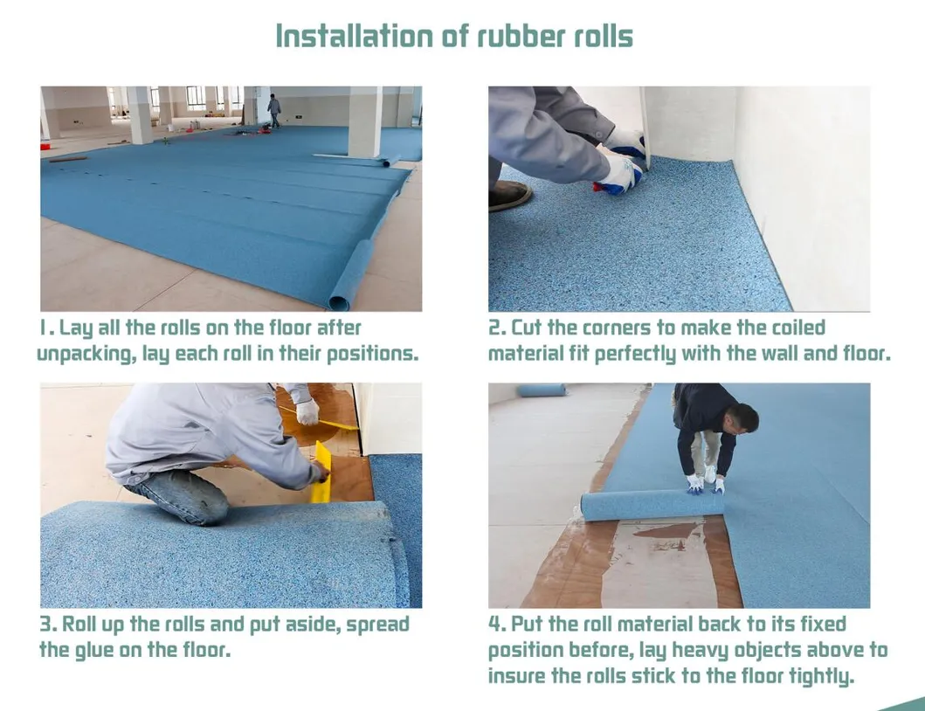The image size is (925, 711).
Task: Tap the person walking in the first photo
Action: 274,110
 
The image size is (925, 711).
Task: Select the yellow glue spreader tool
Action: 321,473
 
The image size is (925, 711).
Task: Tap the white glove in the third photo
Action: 307,411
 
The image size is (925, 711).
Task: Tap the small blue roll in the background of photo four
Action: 541,390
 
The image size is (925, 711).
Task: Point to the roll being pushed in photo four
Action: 651,505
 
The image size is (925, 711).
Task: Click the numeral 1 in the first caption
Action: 43,328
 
